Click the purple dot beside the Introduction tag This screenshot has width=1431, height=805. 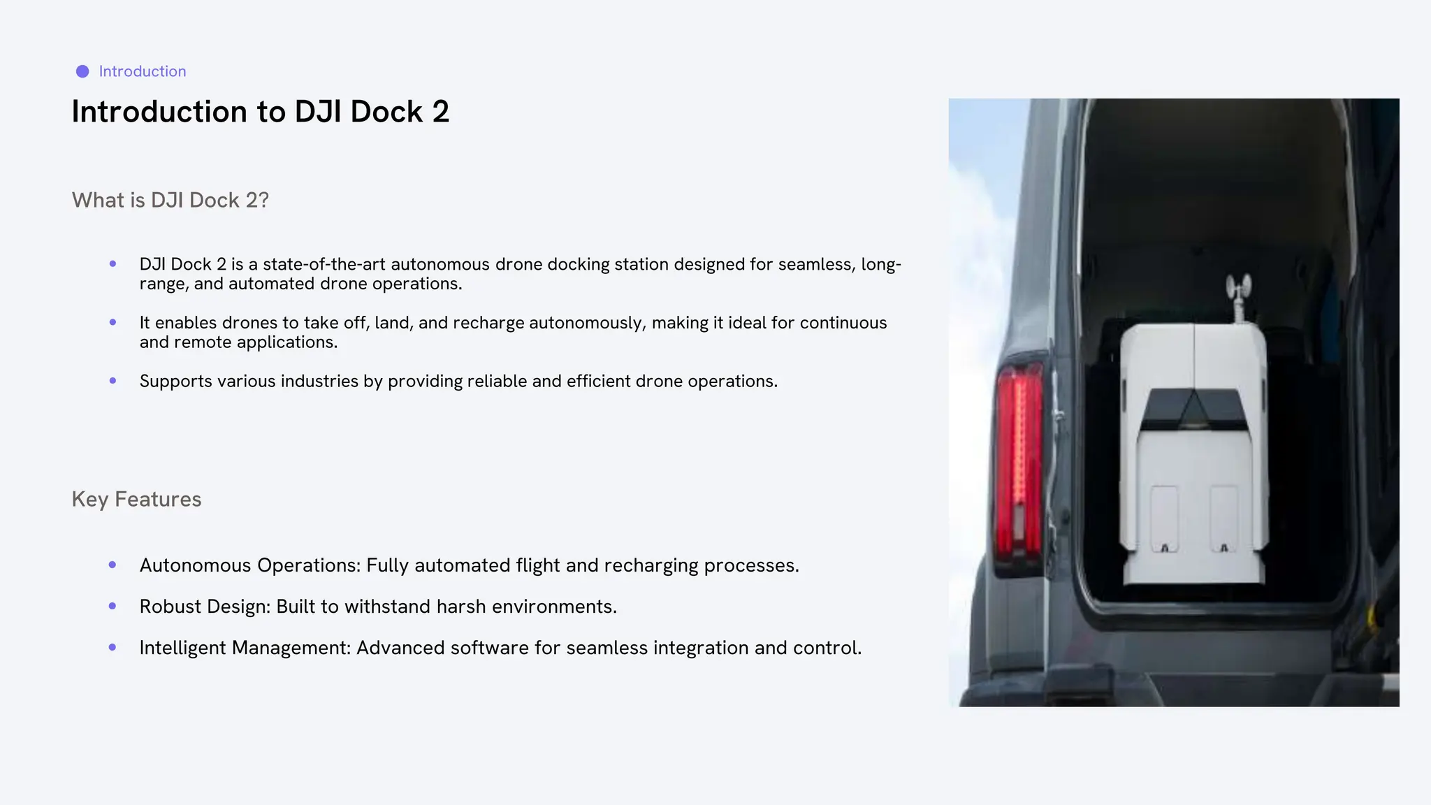tap(82, 71)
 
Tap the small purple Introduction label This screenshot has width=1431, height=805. tap(143, 71)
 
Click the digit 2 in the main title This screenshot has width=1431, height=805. tap(440, 112)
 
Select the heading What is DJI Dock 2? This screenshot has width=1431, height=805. tap(170, 201)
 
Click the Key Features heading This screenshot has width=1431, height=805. tap(136, 499)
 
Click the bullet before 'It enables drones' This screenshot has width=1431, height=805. tap(113, 322)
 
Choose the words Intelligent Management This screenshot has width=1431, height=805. tap(245, 648)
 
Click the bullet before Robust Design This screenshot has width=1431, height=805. tap(113, 606)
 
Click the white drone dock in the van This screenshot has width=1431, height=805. tap(1192, 489)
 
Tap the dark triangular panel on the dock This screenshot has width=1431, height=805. tap(1193, 409)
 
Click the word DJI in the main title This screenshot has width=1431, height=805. tap(318, 112)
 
